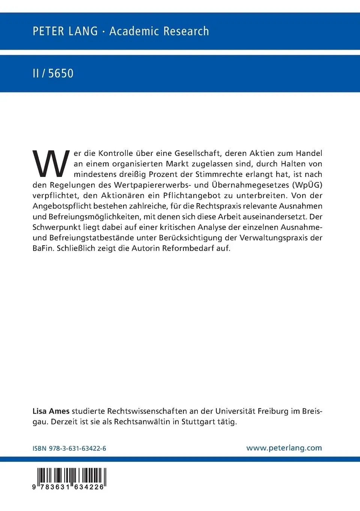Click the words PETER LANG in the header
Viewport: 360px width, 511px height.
(x=65, y=31)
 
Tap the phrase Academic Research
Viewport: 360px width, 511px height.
(x=159, y=31)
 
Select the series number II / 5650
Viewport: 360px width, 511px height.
(x=53, y=73)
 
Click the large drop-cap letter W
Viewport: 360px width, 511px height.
(x=51, y=164)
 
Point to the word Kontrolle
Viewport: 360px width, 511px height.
(x=116, y=153)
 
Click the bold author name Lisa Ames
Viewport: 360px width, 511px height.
(x=51, y=411)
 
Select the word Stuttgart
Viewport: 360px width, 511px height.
(x=198, y=422)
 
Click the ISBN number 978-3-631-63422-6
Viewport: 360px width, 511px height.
(x=77, y=448)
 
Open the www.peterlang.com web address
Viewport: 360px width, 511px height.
(x=284, y=448)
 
